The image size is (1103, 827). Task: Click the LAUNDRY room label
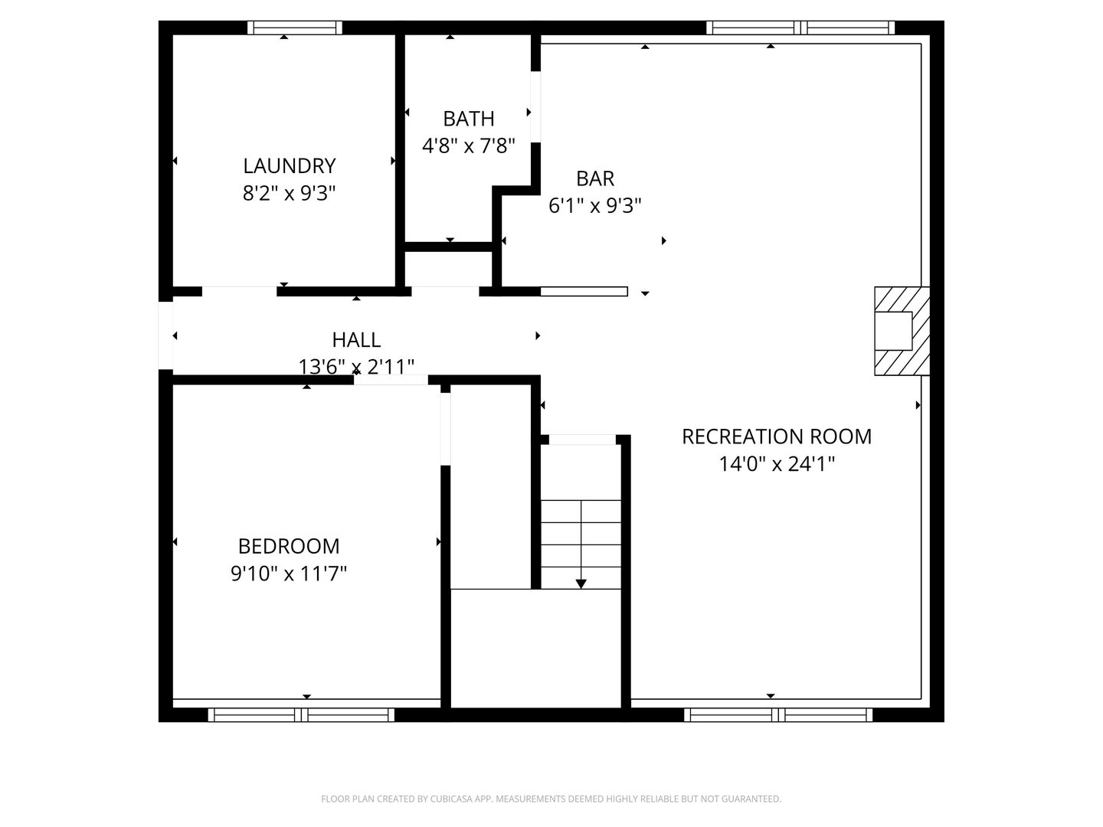point(289,165)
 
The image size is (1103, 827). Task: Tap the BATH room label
point(468,119)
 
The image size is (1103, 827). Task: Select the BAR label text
point(594,178)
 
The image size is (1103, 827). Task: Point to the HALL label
point(356,339)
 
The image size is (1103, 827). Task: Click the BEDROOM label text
point(289,546)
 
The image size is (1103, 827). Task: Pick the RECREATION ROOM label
point(777,436)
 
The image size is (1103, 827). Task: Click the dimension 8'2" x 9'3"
point(289,193)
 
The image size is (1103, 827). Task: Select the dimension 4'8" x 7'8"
point(468,145)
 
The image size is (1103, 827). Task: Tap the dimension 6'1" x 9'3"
point(594,205)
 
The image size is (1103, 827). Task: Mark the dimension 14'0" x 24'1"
point(777,463)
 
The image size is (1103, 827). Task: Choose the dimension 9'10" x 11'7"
point(289,573)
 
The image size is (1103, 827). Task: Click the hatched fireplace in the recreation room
point(902,331)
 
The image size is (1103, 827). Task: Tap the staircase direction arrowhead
point(581,583)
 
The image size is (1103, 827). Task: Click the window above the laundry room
point(295,28)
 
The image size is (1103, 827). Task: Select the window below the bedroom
point(301,715)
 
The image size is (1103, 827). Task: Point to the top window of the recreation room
point(800,28)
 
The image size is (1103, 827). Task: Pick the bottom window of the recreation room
point(778,715)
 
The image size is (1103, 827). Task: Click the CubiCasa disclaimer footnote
point(551,799)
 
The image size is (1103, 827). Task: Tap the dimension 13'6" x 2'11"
point(356,367)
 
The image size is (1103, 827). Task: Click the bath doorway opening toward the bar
point(535,107)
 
